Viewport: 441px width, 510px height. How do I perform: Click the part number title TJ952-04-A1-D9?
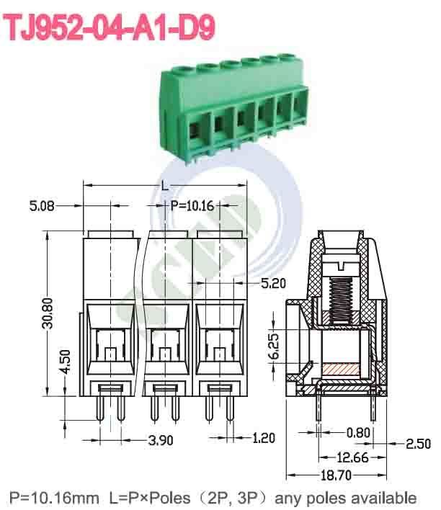tap(110, 27)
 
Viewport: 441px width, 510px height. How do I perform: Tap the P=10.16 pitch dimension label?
tap(192, 206)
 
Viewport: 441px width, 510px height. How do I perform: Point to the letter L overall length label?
tap(165, 186)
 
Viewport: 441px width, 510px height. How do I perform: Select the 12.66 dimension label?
tap(352, 457)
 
